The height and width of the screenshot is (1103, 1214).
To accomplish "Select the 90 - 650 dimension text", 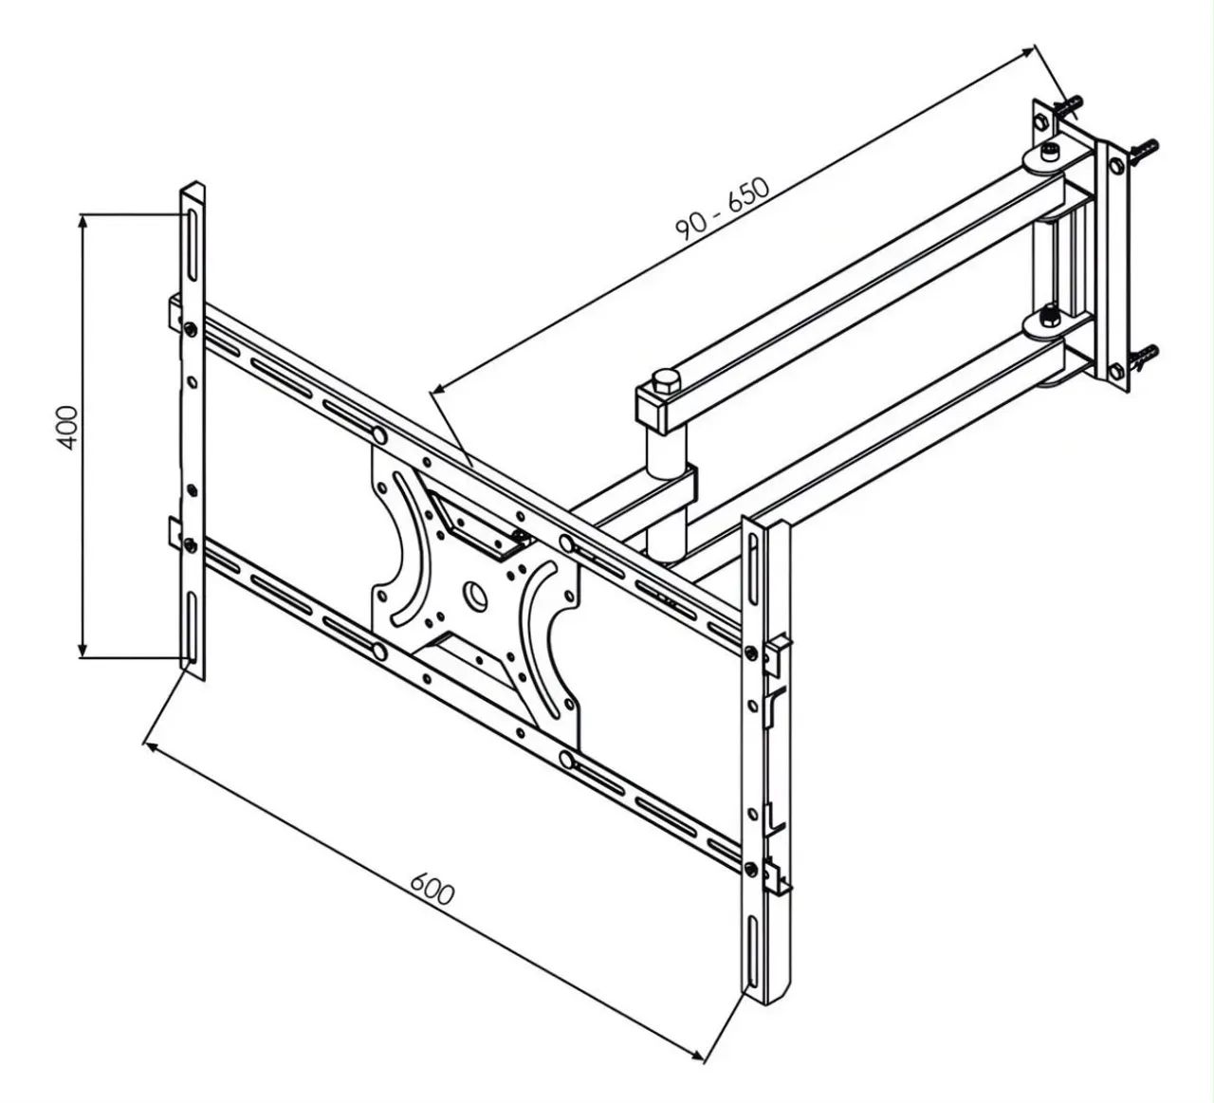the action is click(x=723, y=209).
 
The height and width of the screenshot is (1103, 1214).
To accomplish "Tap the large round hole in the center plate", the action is click(x=475, y=594).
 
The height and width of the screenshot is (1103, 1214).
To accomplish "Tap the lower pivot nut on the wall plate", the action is click(x=1047, y=317).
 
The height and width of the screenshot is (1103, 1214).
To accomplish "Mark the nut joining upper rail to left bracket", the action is click(x=190, y=329).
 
